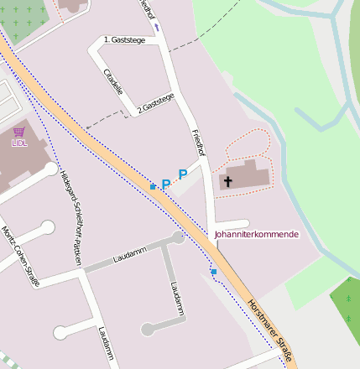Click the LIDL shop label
coord(19,143)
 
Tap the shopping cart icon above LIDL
coord(19,132)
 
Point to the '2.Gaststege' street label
coord(156,101)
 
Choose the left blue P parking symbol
coord(165,184)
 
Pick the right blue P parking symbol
coord(182,174)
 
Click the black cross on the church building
coord(227,180)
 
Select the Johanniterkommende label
coord(256,235)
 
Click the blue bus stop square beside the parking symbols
coord(153,186)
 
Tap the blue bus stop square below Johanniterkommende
coord(214,272)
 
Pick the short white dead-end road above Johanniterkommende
coord(232,223)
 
